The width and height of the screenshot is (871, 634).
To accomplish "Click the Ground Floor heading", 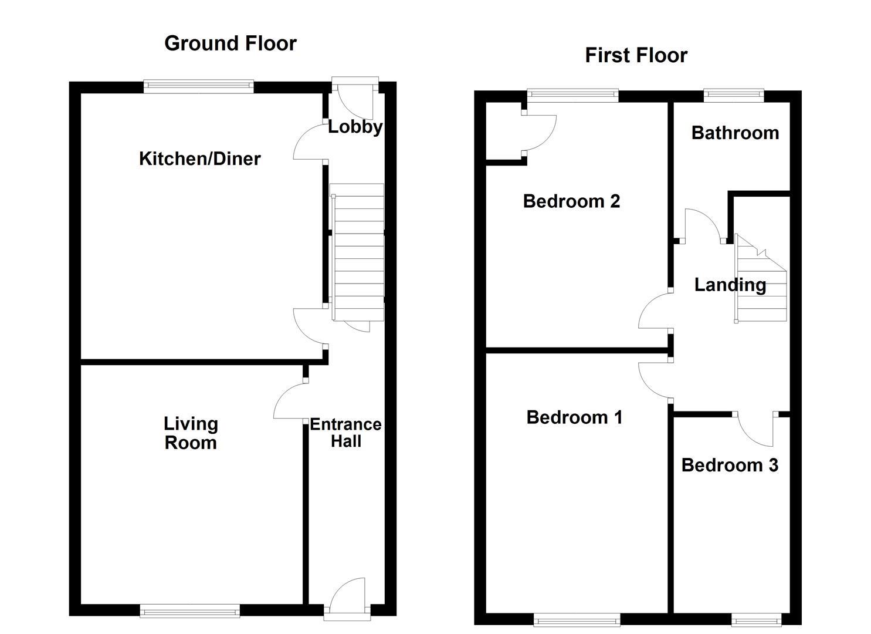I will [231, 43].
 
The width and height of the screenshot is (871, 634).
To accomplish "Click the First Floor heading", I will [636, 55].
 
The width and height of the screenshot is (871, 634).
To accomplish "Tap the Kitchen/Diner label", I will [199, 158].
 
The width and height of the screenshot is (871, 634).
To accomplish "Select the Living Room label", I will [191, 433].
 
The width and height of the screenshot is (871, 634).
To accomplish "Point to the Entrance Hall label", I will [345, 433].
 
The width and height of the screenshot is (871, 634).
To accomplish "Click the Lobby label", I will [355, 127].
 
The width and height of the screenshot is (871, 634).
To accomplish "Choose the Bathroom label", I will [735, 133].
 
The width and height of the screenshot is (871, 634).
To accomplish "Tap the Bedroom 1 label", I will [574, 417].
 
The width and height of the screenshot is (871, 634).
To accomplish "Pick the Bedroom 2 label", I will [571, 201].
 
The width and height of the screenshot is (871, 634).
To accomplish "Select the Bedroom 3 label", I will [730, 466].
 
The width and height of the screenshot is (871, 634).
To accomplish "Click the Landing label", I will [730, 285].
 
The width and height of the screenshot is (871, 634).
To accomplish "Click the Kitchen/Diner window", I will [199, 87].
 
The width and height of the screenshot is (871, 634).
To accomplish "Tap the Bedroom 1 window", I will [577, 619].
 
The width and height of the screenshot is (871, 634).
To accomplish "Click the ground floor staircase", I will [358, 252].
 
